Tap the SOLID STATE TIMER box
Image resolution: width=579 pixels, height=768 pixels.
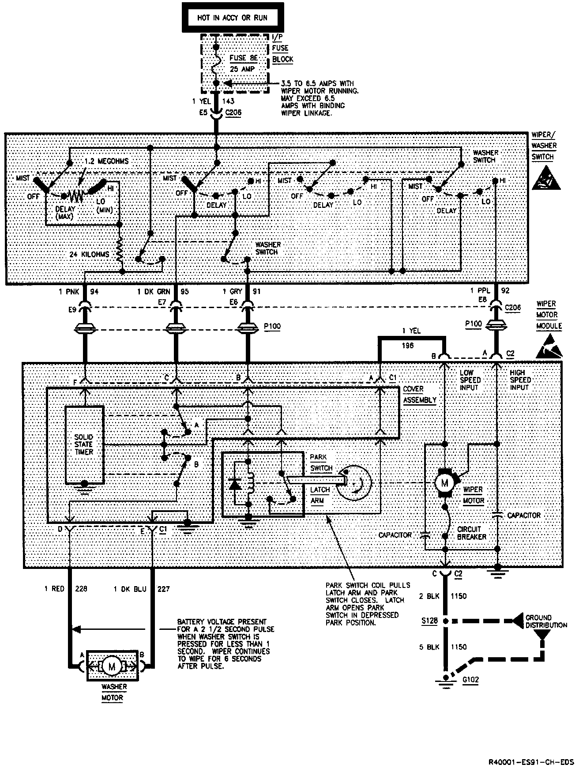point(84,444)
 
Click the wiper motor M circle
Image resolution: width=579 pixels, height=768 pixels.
point(444,483)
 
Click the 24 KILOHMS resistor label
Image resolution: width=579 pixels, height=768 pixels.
point(89,255)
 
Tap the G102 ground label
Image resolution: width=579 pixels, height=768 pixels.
point(470,680)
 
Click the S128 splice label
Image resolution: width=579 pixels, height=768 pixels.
point(429,621)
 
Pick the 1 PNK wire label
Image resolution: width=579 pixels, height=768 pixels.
point(68,292)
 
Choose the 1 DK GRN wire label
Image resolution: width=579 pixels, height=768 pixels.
point(153,292)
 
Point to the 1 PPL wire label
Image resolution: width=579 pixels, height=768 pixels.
point(480,291)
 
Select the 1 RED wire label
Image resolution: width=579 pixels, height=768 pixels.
point(54,589)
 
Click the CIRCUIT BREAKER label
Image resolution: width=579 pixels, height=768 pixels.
point(472,533)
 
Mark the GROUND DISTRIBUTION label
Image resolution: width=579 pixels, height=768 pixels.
point(545,621)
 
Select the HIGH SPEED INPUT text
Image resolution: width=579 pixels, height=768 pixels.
point(520,380)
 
